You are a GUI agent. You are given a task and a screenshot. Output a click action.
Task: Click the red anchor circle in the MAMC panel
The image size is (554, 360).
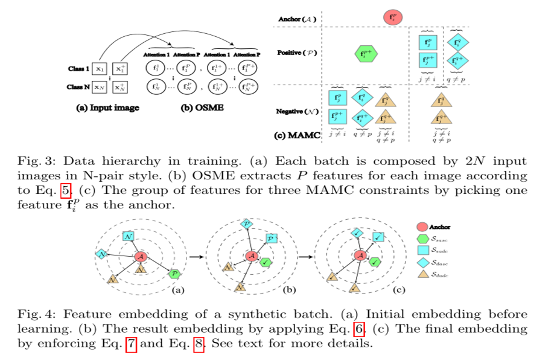pyautogui.click(x=393, y=17)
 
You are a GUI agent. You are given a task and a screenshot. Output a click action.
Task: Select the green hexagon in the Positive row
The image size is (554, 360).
pyautogui.click(x=366, y=54)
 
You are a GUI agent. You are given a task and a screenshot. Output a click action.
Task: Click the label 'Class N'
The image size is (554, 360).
pyautogui.click(x=78, y=88)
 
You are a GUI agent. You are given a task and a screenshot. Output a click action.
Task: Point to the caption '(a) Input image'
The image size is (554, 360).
pyautogui.click(x=104, y=108)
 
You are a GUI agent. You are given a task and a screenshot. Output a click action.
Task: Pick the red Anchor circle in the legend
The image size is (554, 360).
pyautogui.click(x=422, y=227)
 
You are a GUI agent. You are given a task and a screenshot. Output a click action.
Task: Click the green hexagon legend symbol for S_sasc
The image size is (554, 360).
pyautogui.click(x=422, y=239)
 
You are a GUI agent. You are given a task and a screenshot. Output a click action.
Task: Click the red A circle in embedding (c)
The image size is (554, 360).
pyautogui.click(x=361, y=256)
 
